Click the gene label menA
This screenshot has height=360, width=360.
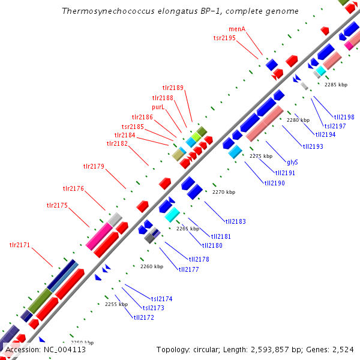[x=237, y=29]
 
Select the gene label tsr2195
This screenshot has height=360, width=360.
[x=224, y=38]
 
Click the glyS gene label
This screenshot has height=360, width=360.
[x=292, y=162]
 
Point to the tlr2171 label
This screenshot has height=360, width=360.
[x=19, y=245]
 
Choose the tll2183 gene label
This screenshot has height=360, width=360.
[x=235, y=221]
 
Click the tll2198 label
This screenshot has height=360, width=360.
[x=344, y=117]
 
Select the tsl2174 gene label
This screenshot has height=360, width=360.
[x=161, y=298]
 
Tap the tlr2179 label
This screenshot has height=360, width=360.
[x=94, y=166]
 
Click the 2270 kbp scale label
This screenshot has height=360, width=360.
[x=224, y=192]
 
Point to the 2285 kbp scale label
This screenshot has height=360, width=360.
[x=336, y=85]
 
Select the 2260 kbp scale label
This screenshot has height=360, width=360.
[x=152, y=266]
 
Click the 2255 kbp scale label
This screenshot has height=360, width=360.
[x=116, y=304]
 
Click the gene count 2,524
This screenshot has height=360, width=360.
[x=342, y=349]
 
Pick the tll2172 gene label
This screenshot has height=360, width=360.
[x=144, y=317]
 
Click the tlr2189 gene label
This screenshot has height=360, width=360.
[x=173, y=88]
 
